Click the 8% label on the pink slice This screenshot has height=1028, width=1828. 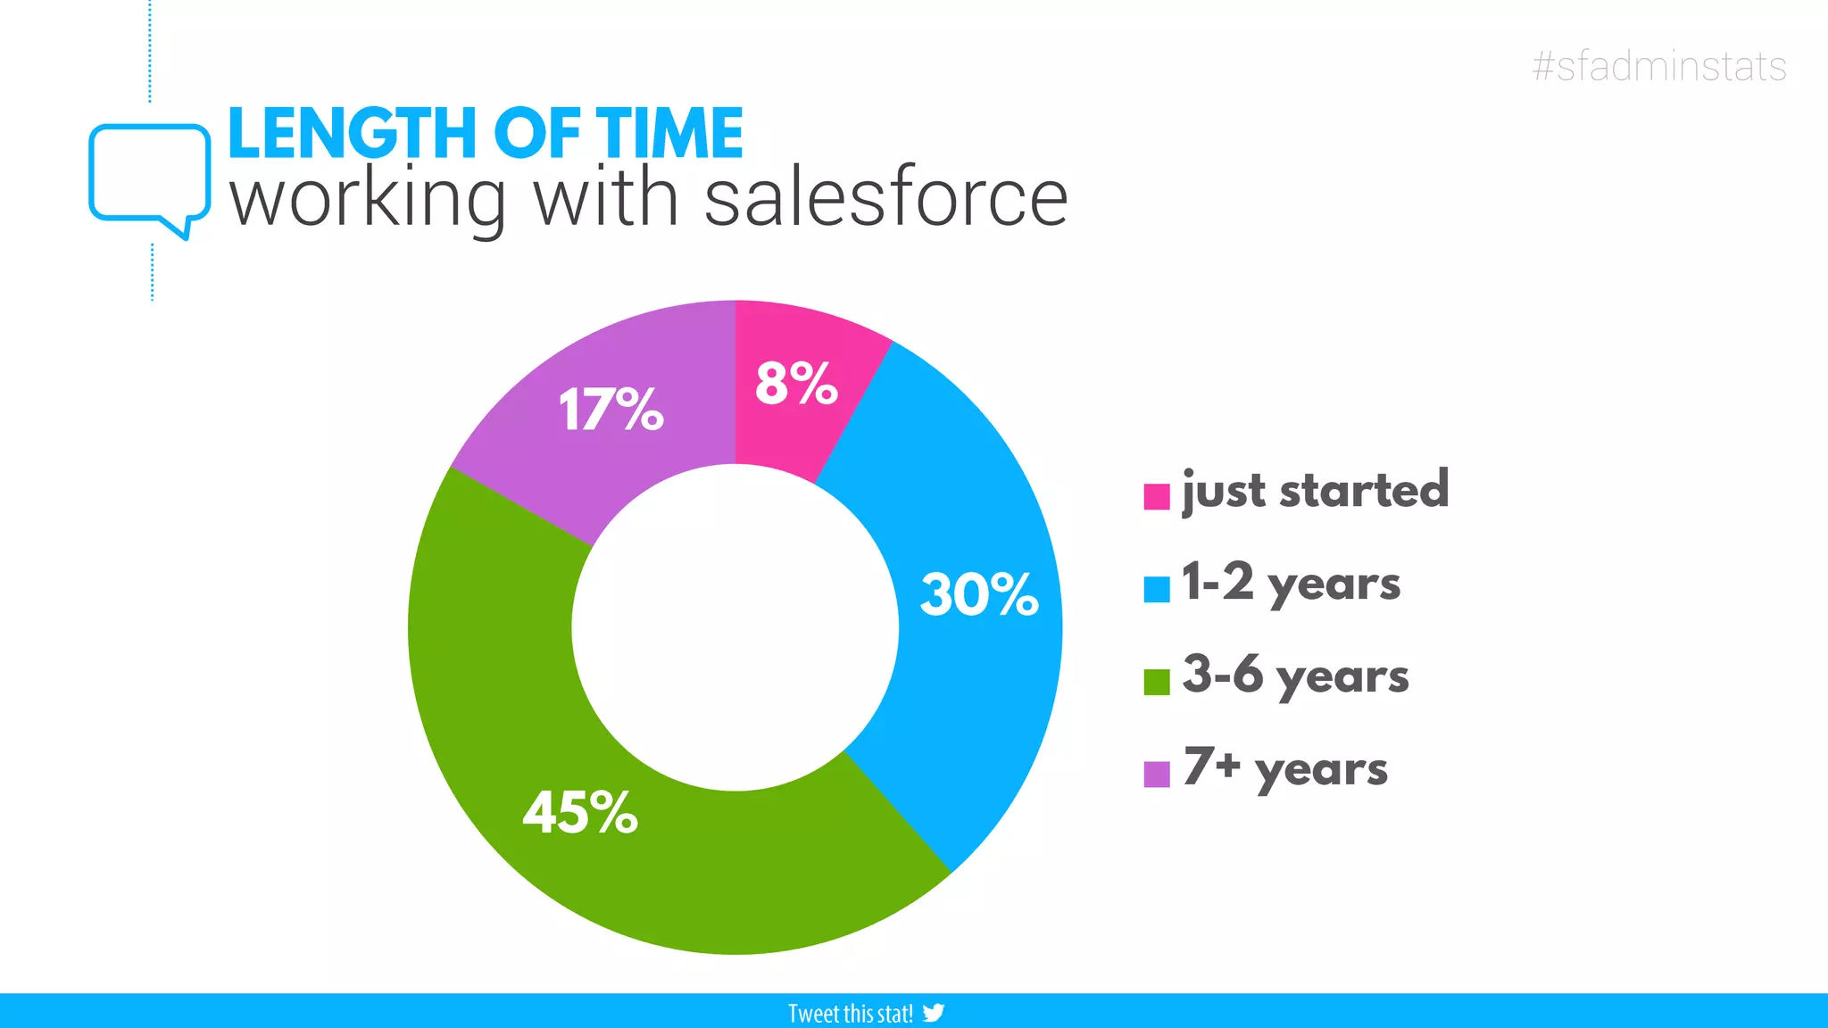pyautogui.click(x=796, y=384)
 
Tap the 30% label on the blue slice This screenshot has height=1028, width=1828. pyautogui.click(x=979, y=594)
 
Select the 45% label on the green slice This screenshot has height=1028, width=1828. pyautogui.click(x=580, y=813)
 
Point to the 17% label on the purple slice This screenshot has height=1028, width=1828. pyautogui.click(x=611, y=410)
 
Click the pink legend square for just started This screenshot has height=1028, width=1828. pyautogui.click(x=1157, y=496)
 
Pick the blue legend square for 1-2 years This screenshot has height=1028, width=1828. pyautogui.click(x=1157, y=589)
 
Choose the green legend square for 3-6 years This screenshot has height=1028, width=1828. pyautogui.click(x=1157, y=682)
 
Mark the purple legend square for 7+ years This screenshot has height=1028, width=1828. pyautogui.click(x=1157, y=774)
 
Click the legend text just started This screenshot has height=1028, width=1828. pyautogui.click(x=1315, y=491)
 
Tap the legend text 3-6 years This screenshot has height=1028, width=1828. pyautogui.click(x=1295, y=676)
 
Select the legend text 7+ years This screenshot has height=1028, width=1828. pyautogui.click(x=1285, y=768)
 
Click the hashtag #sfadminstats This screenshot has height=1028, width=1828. pyautogui.click(x=1659, y=67)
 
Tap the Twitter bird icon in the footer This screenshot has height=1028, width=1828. pyautogui.click(x=934, y=1013)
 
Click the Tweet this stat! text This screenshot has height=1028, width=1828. pyautogui.click(x=850, y=1014)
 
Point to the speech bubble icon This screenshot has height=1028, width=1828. pyautogui.click(x=149, y=174)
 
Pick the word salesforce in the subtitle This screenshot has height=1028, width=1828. pyautogui.click(x=885, y=198)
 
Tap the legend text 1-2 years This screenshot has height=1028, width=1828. pyautogui.click(x=1291, y=584)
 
